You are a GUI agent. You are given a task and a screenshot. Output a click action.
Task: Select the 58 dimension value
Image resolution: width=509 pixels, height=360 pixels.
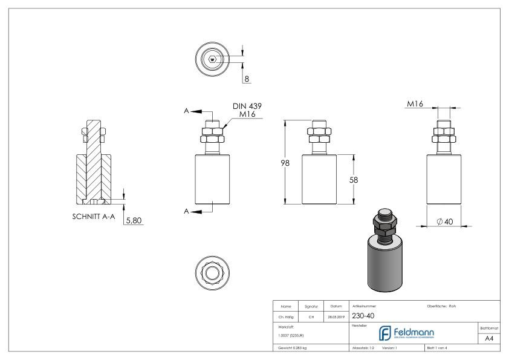click(x=361, y=180)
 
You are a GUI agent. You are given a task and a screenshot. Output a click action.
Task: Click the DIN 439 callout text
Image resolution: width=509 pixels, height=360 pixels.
click(x=248, y=106)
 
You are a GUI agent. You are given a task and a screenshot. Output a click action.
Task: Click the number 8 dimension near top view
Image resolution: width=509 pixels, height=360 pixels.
click(x=247, y=78)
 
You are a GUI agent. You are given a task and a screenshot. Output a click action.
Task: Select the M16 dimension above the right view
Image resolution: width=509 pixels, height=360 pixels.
click(x=415, y=104)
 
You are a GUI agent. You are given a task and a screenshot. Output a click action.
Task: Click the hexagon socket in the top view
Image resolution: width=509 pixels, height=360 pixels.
click(x=212, y=59)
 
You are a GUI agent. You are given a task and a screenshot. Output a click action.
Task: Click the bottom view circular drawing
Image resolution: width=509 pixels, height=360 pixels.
click(x=212, y=272)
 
